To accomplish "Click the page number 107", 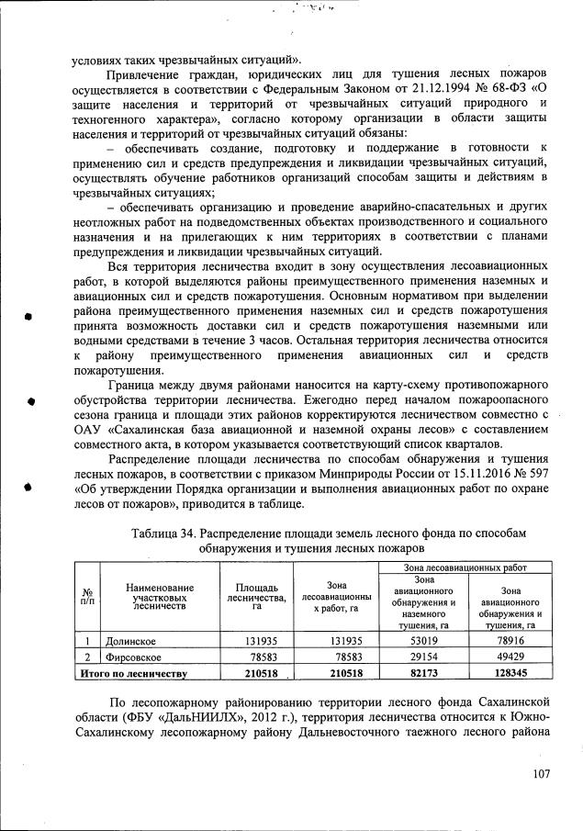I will click(x=541, y=774).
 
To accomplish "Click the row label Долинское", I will click(x=129, y=641).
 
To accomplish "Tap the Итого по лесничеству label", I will click(x=133, y=674).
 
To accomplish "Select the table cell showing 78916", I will click(x=509, y=641).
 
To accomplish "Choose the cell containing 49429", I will click(x=509, y=657).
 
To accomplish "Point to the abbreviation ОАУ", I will click(x=89, y=430).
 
